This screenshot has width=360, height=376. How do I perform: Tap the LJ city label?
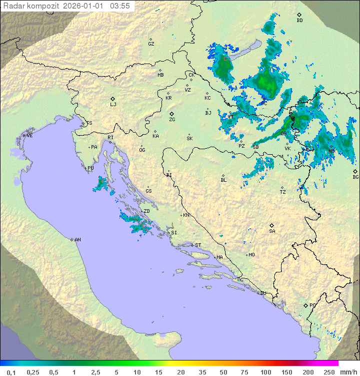point(113,105)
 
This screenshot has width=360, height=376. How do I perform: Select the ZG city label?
point(172,120)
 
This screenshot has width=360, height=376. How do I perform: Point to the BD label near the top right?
point(299,21)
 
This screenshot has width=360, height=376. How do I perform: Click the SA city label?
point(272,231)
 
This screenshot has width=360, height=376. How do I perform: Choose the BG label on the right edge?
point(355,177)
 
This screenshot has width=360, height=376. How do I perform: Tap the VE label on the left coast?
point(29,136)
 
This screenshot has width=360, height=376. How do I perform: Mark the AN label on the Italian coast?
point(77,240)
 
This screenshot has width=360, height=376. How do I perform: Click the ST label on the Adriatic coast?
point(198,245)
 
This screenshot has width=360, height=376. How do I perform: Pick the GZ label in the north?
point(151,44)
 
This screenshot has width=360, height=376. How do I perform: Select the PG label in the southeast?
point(312,305)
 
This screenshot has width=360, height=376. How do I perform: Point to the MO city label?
point(251,255)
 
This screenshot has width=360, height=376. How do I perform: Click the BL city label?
point(223,180)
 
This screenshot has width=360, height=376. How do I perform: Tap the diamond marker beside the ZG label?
point(171,114)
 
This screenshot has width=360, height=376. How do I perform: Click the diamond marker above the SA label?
point(272,225)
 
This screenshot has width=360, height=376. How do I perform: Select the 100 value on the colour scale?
point(265,372)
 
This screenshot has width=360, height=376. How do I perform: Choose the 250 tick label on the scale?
point(329,372)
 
